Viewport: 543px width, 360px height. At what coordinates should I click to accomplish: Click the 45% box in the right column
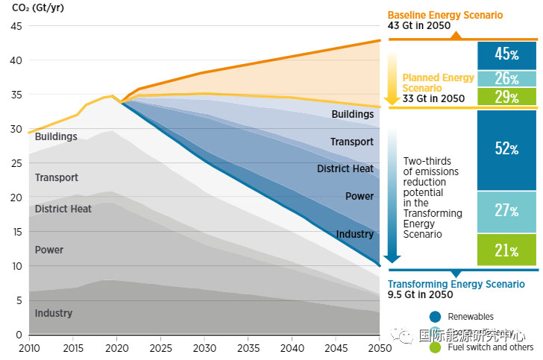pos(506,54)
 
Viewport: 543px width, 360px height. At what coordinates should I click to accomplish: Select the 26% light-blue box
pos(506,78)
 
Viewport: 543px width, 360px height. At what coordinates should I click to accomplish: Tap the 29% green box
pos(506,98)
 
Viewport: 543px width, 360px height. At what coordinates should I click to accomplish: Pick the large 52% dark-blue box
pos(506,149)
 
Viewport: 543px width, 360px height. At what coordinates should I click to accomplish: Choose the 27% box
pos(506,212)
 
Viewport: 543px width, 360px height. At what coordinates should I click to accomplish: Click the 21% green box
pos(506,250)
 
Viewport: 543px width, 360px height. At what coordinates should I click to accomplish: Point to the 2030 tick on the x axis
pos(204,348)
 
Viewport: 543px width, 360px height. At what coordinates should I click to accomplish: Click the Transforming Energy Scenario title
pos(456,284)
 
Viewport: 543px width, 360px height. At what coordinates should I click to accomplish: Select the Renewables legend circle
pos(435,316)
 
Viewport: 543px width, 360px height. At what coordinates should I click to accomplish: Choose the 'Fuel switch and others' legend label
pos(492,347)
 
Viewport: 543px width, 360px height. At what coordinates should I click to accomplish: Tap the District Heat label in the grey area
pos(63,209)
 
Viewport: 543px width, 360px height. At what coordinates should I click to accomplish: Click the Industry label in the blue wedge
pos(354,234)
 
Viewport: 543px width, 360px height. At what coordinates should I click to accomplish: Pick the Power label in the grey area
pos(49,250)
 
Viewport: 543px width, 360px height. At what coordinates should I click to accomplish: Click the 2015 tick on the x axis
pos(73,348)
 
